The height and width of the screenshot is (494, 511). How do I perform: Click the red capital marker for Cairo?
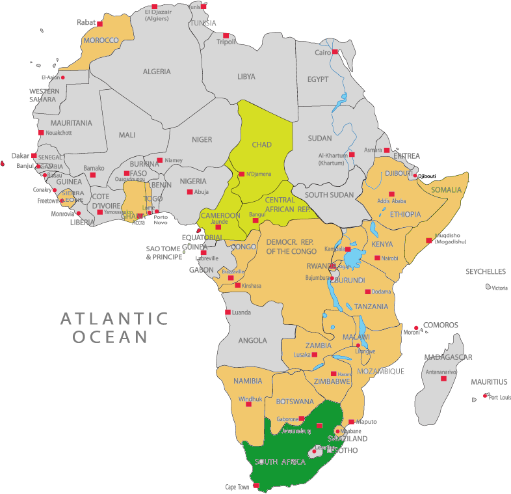point(335,52)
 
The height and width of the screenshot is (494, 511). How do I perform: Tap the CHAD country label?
point(261,144)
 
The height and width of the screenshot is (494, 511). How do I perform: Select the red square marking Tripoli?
point(226,36)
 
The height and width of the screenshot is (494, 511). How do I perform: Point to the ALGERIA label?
point(157,72)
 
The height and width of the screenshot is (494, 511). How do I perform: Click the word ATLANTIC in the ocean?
point(114,319)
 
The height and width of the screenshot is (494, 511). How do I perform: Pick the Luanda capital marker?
point(228,312)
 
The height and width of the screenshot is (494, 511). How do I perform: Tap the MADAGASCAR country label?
point(448,357)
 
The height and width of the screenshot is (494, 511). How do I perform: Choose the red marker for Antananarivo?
point(444,378)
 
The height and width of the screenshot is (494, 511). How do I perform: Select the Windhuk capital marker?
point(248,404)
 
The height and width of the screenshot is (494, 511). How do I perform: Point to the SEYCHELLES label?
point(485,271)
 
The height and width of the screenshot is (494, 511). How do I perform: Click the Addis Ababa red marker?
point(391,194)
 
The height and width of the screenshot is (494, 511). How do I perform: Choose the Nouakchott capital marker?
point(41,133)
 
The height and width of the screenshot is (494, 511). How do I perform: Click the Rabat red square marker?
point(99,24)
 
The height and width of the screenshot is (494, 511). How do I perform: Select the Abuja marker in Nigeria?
point(190,192)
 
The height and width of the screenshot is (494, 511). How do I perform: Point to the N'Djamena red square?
point(241,174)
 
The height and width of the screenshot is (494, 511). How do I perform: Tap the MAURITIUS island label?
point(490,382)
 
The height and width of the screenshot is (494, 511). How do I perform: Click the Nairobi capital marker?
point(377,258)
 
